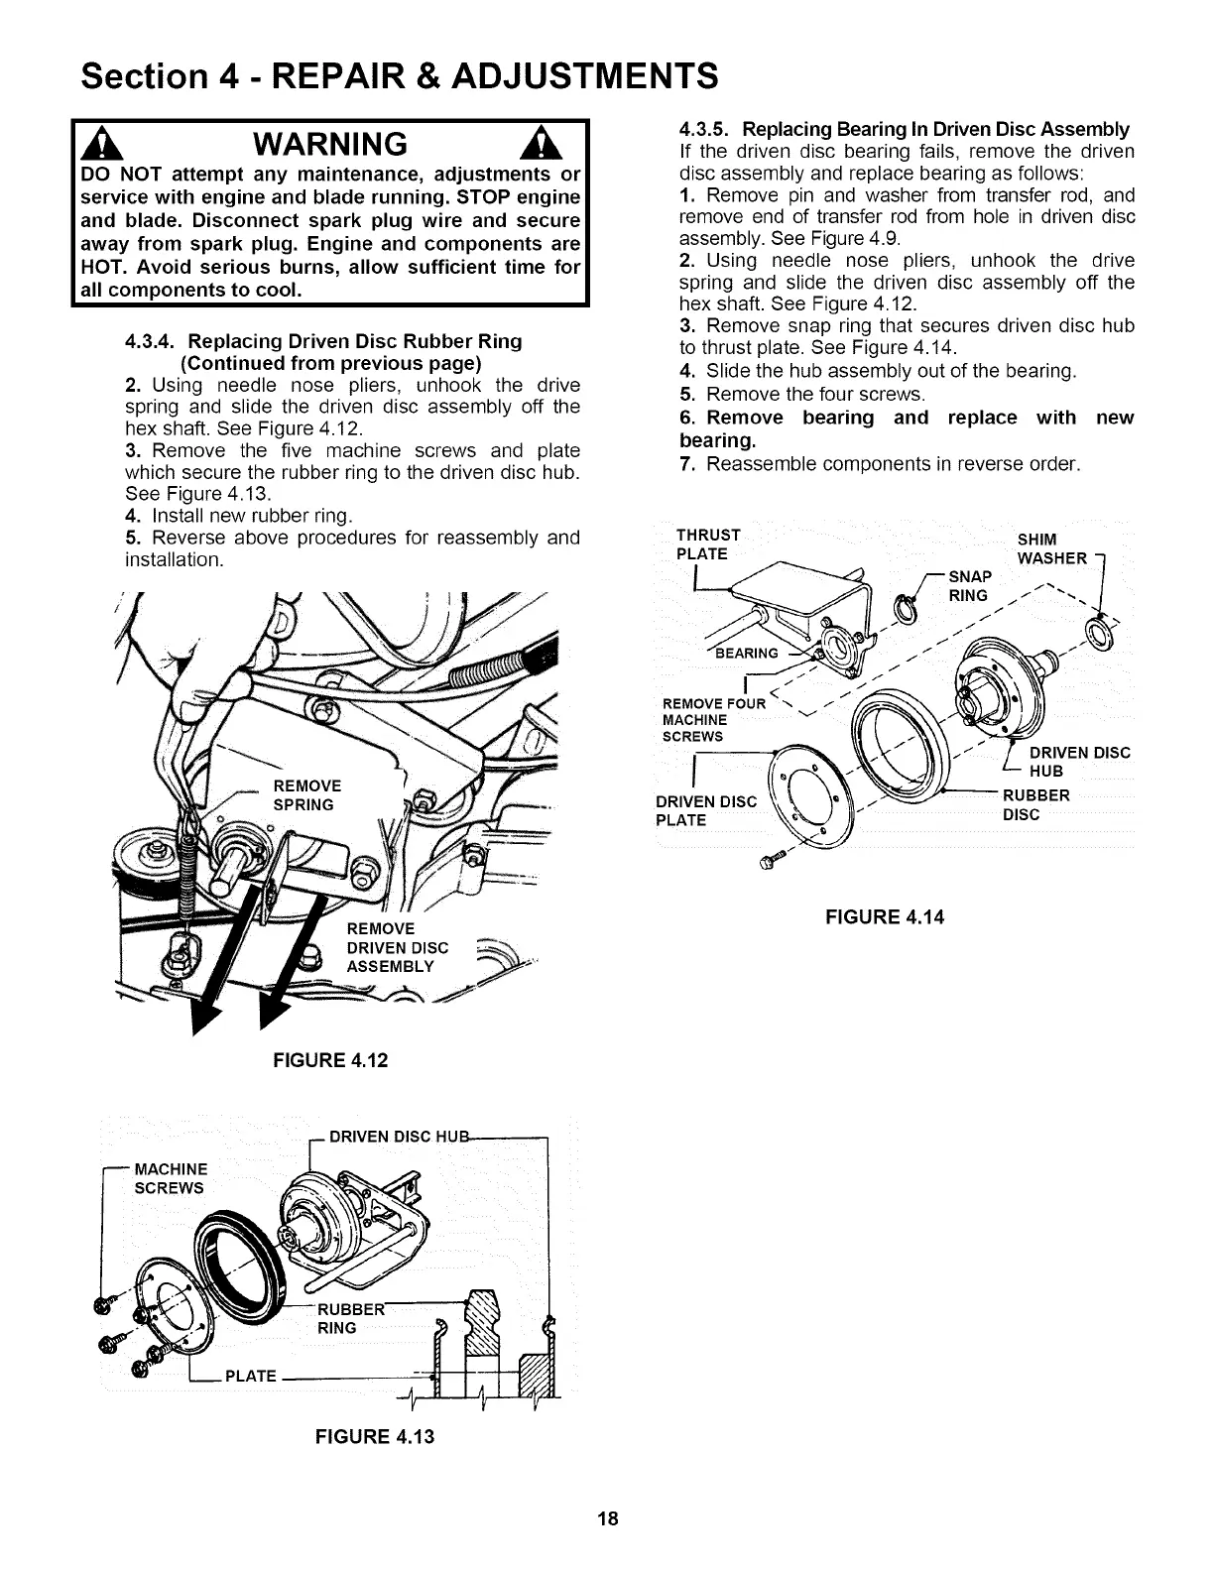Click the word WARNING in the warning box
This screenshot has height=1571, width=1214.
329,146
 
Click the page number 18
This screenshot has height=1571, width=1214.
607,1518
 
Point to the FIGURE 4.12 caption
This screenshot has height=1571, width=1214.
330,1060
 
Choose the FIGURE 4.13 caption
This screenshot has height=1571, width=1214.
374,1436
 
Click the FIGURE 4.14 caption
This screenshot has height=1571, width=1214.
885,917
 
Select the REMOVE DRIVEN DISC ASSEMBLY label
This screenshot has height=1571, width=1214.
397,948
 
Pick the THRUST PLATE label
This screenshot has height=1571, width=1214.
706,544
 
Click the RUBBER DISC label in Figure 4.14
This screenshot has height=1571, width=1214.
1036,804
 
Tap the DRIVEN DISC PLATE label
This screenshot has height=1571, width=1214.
706,810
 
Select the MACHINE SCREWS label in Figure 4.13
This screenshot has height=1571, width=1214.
171,1178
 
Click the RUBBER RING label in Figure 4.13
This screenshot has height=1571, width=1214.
340,1317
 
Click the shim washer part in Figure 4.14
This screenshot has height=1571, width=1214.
1097,630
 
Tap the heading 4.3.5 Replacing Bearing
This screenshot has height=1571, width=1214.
904,130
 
